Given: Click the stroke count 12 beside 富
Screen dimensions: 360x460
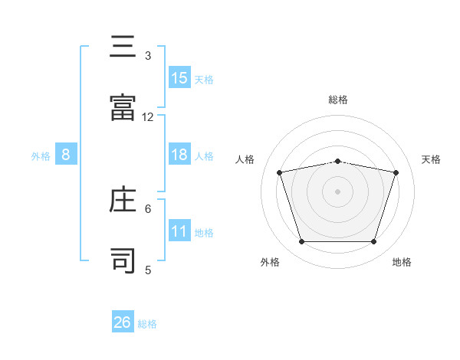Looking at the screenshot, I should click(x=148, y=117).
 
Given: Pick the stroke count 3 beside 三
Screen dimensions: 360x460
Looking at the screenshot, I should click(x=148, y=56).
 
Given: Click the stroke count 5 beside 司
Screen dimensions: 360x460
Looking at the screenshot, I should click(x=148, y=270).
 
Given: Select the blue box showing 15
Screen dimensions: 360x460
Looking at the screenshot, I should click(x=179, y=77).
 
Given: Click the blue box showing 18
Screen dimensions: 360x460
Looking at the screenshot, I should click(x=179, y=155).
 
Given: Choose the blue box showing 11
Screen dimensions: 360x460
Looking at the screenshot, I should click(x=179, y=231).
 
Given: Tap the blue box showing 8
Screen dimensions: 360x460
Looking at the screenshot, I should click(x=66, y=155).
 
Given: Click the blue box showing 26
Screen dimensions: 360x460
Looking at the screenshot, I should click(x=123, y=322).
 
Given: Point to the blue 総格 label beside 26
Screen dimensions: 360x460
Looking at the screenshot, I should click(x=147, y=324).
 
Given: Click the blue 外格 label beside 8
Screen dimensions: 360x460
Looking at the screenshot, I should click(x=41, y=156).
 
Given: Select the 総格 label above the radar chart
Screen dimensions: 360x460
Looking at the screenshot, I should click(x=338, y=100).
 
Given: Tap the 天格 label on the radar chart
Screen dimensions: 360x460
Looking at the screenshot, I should click(x=432, y=159).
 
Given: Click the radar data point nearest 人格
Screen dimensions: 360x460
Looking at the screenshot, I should click(x=280, y=172).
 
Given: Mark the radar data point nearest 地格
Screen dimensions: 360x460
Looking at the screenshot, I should click(x=373, y=241).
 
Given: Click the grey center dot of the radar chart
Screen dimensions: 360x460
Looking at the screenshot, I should click(x=338, y=191).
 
